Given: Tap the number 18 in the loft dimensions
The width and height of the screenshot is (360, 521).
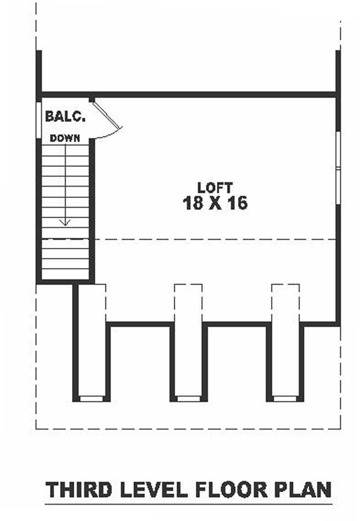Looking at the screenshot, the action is point(193,202).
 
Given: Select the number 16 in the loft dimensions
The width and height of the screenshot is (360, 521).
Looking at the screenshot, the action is point(237,202).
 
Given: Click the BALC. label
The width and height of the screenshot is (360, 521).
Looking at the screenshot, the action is point(65,116).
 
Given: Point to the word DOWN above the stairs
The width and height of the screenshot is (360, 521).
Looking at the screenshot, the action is point(65,138).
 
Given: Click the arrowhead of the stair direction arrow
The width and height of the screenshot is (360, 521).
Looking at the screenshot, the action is point(65,222).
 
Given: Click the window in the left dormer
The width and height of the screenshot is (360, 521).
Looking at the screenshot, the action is point(91,399).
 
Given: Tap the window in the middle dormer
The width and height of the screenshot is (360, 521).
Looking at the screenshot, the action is point(189,399).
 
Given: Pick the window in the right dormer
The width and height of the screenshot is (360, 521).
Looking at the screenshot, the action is point(285,399).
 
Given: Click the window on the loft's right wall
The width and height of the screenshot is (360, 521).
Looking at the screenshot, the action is point(338,168).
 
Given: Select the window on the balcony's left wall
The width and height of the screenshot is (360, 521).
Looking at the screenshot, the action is point(39,119).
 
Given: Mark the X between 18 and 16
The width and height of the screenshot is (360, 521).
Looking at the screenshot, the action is point(215,203).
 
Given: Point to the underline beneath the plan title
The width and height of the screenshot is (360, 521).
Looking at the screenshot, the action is point(189,504).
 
